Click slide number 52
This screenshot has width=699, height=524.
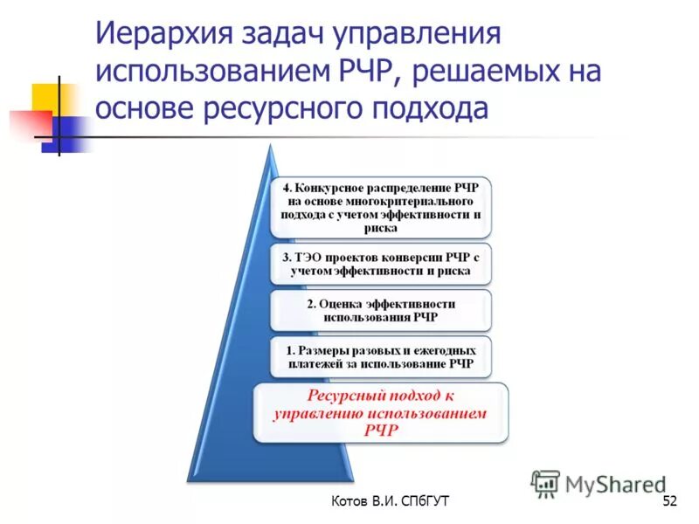[670, 501]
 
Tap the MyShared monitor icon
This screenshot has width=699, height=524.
[546, 482]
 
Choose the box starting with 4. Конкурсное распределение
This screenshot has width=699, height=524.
[379, 208]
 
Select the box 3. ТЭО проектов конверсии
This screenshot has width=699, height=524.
[379, 264]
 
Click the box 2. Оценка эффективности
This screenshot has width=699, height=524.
[379, 310]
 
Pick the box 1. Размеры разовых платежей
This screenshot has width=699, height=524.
[379, 356]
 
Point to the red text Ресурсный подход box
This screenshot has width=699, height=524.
[379, 412]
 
